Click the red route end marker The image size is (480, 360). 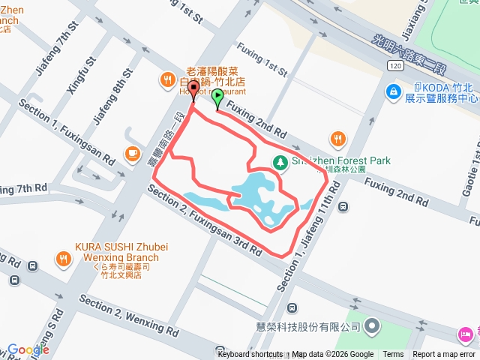[193, 90]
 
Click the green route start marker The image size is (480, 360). [217, 97]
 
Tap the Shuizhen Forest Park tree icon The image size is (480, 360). [279, 161]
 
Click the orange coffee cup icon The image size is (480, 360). [132, 152]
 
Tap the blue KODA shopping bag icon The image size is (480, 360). [392, 91]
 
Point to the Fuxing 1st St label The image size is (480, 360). [262, 60]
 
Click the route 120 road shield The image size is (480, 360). [396, 66]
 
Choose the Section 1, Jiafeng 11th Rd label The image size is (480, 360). [308, 234]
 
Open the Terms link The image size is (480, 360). [393, 355]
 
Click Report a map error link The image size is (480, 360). [445, 355]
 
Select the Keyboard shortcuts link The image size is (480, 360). [250, 355]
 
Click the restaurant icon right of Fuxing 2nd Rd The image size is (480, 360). [338, 138]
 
